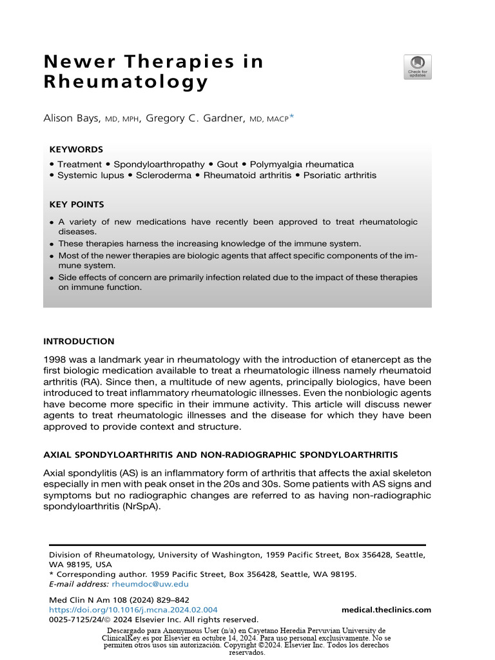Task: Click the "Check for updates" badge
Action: tap(417, 67)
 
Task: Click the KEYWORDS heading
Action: tap(76, 149)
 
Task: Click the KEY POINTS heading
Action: tap(77, 204)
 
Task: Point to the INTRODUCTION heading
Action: tap(79, 341)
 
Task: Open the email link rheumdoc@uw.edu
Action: tap(150, 584)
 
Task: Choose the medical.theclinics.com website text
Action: tap(386, 610)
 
